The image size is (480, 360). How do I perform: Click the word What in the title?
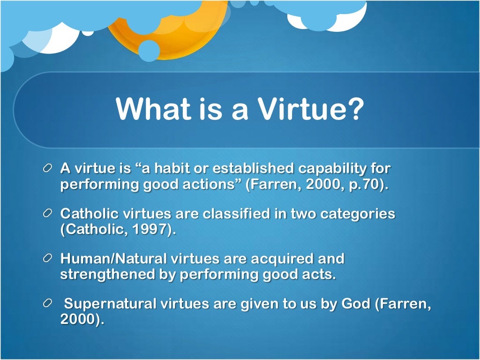pos(150,108)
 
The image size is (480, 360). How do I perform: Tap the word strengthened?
pos(107,274)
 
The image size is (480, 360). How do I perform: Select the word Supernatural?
pos(111,304)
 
